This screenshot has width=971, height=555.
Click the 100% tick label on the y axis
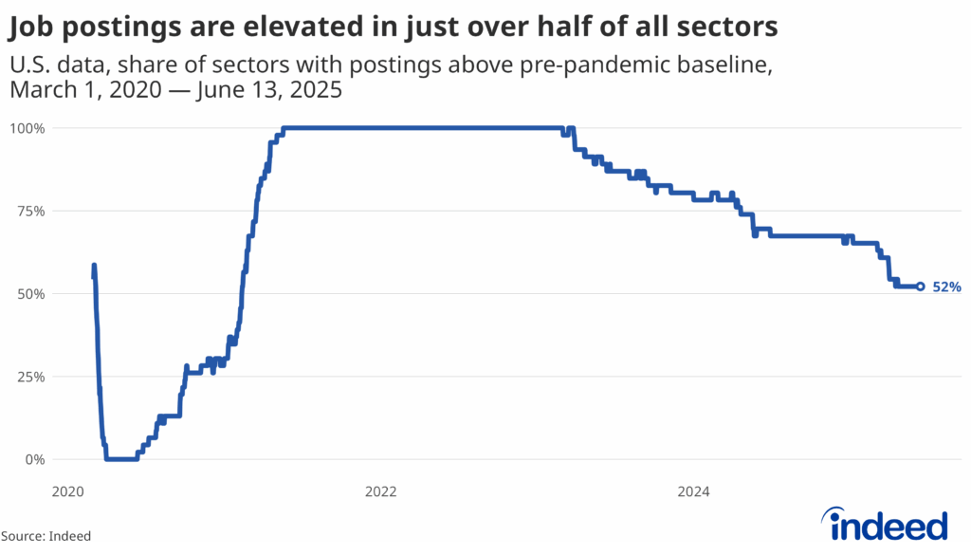click(27, 127)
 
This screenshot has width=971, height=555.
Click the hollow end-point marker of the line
click(920, 287)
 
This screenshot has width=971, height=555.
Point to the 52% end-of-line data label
click(946, 287)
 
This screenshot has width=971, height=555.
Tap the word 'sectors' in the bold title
click(734, 29)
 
